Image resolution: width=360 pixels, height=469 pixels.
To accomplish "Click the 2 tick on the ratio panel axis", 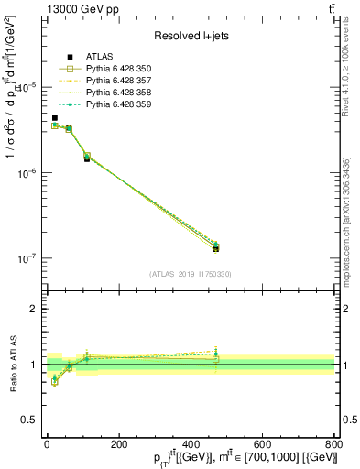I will pyautogui.click(x=35, y=309).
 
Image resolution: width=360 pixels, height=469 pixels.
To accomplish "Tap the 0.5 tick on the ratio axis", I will pyautogui.click(x=31, y=421).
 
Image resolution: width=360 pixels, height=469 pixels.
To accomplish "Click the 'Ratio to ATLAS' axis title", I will pyautogui.click(x=12, y=365).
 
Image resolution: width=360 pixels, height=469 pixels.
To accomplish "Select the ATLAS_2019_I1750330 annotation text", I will pyautogui.click(x=190, y=274).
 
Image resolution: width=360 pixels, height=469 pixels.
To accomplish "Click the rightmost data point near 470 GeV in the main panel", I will pyautogui.click(x=216, y=247).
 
